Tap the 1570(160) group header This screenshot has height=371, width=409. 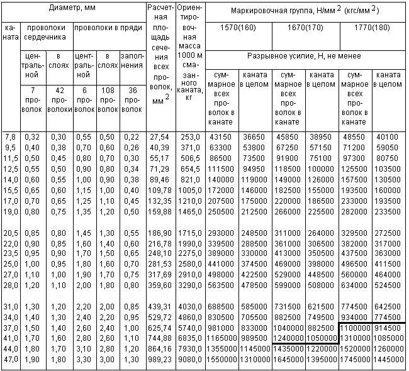[x=238, y=28]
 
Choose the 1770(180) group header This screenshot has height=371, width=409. [x=371, y=28]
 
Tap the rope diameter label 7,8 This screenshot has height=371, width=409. [x=11, y=136]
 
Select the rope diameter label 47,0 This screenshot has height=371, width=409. [x=11, y=359]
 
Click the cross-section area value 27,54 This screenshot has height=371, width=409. [x=159, y=136]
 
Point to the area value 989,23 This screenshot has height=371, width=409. [x=159, y=359]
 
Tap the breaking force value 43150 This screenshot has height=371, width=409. [x=221, y=136]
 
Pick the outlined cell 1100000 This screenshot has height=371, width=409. [x=355, y=328]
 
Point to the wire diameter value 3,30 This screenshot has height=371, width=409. [x=84, y=359]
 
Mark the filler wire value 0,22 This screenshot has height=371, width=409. [x=132, y=136]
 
